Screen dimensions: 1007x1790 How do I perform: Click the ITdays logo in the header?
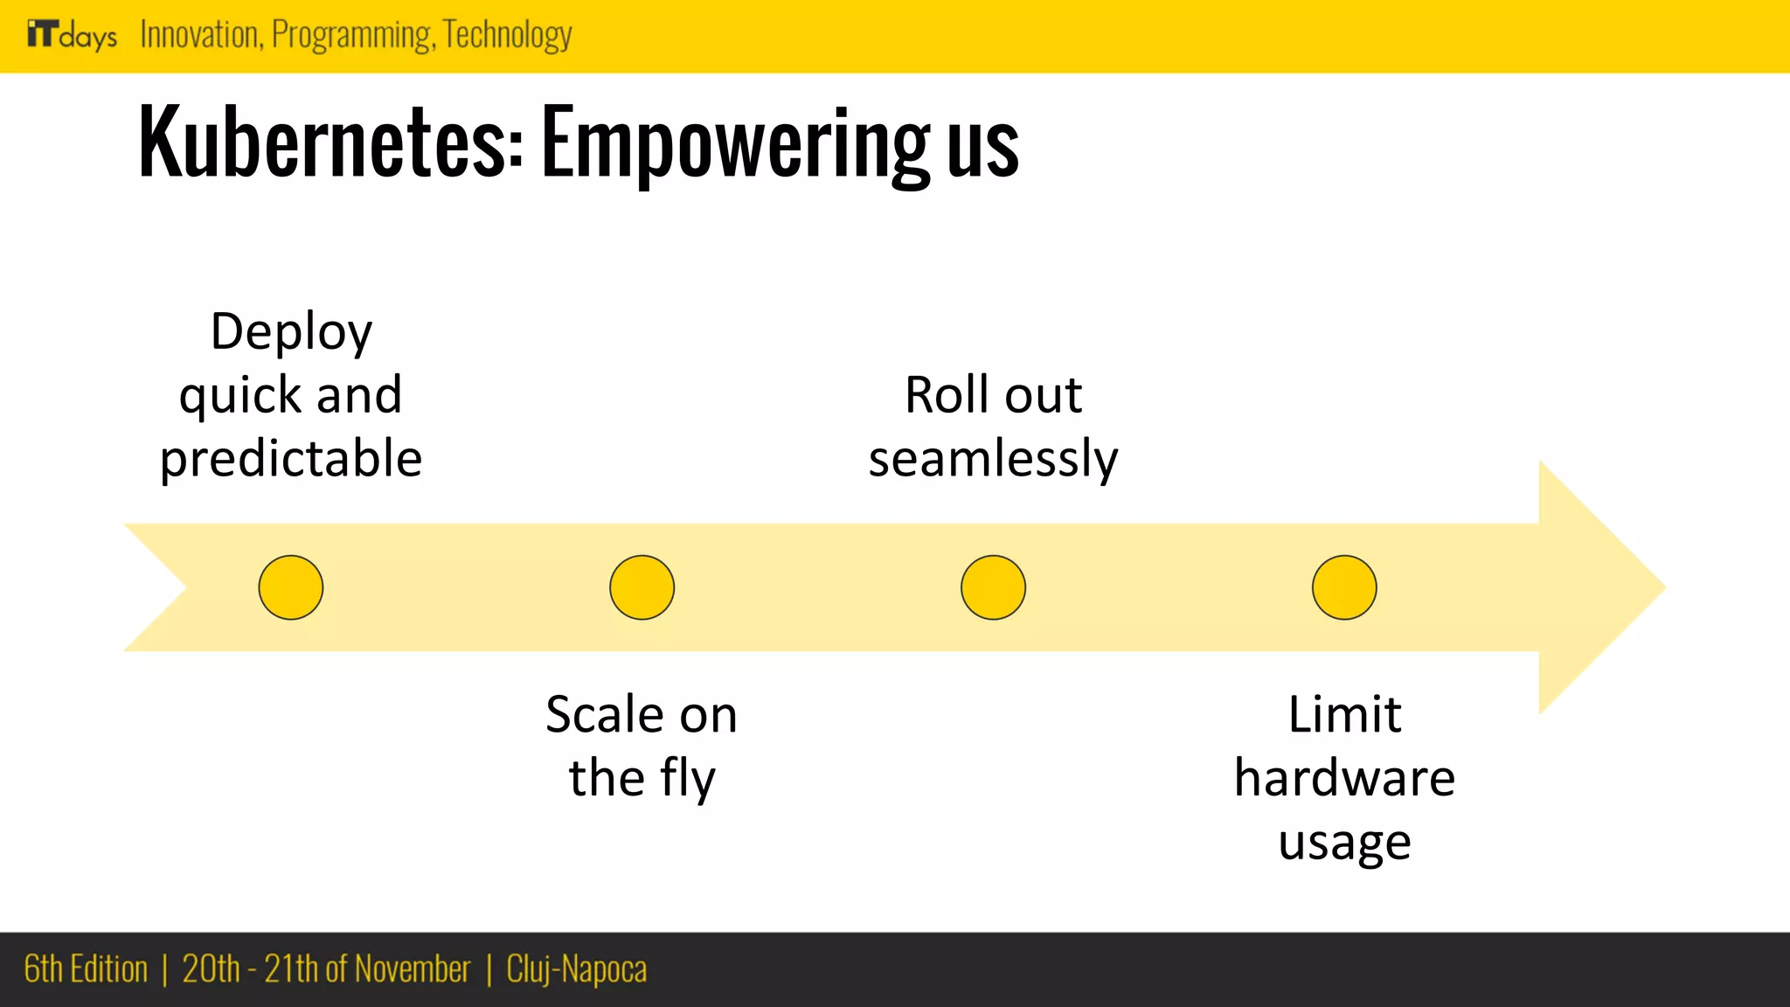[72, 35]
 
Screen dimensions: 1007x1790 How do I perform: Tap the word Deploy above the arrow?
[291, 332]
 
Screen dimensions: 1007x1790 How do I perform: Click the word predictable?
[291, 459]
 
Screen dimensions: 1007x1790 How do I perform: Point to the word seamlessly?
[993, 459]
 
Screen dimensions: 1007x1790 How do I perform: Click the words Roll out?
[993, 395]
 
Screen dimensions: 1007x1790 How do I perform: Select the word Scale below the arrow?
[603, 715]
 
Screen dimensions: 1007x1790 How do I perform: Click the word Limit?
[1344, 715]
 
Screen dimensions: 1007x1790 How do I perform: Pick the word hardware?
[1344, 778]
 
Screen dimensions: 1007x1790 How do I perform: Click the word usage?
[1344, 843]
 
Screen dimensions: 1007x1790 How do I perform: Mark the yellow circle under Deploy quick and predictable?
[291, 587]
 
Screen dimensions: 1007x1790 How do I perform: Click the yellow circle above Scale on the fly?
[642, 587]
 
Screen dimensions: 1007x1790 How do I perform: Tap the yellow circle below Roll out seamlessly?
[993, 587]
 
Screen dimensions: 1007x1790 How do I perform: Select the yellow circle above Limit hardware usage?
[1344, 587]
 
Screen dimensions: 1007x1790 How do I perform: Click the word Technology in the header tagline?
[508, 35]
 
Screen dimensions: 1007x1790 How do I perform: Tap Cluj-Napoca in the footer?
[577, 969]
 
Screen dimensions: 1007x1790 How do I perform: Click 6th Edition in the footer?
[86, 969]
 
